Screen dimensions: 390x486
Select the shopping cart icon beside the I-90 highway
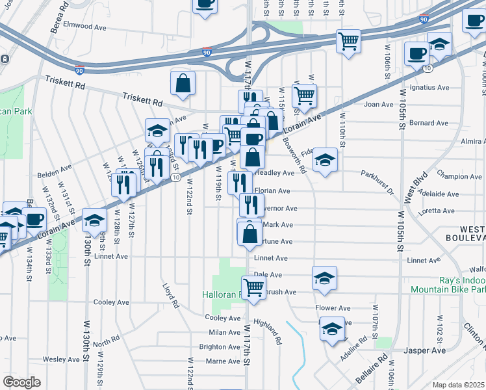pos(349,42)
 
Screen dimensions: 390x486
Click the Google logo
pos(21,382)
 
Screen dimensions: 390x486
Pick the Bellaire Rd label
pos(371,367)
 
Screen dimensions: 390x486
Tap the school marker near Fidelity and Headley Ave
pos(326,159)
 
